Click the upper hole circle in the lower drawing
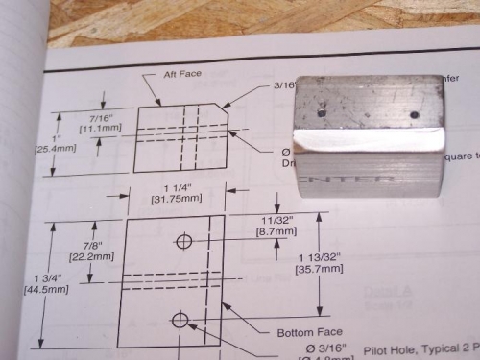(182, 240)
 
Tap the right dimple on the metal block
(413, 114)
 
